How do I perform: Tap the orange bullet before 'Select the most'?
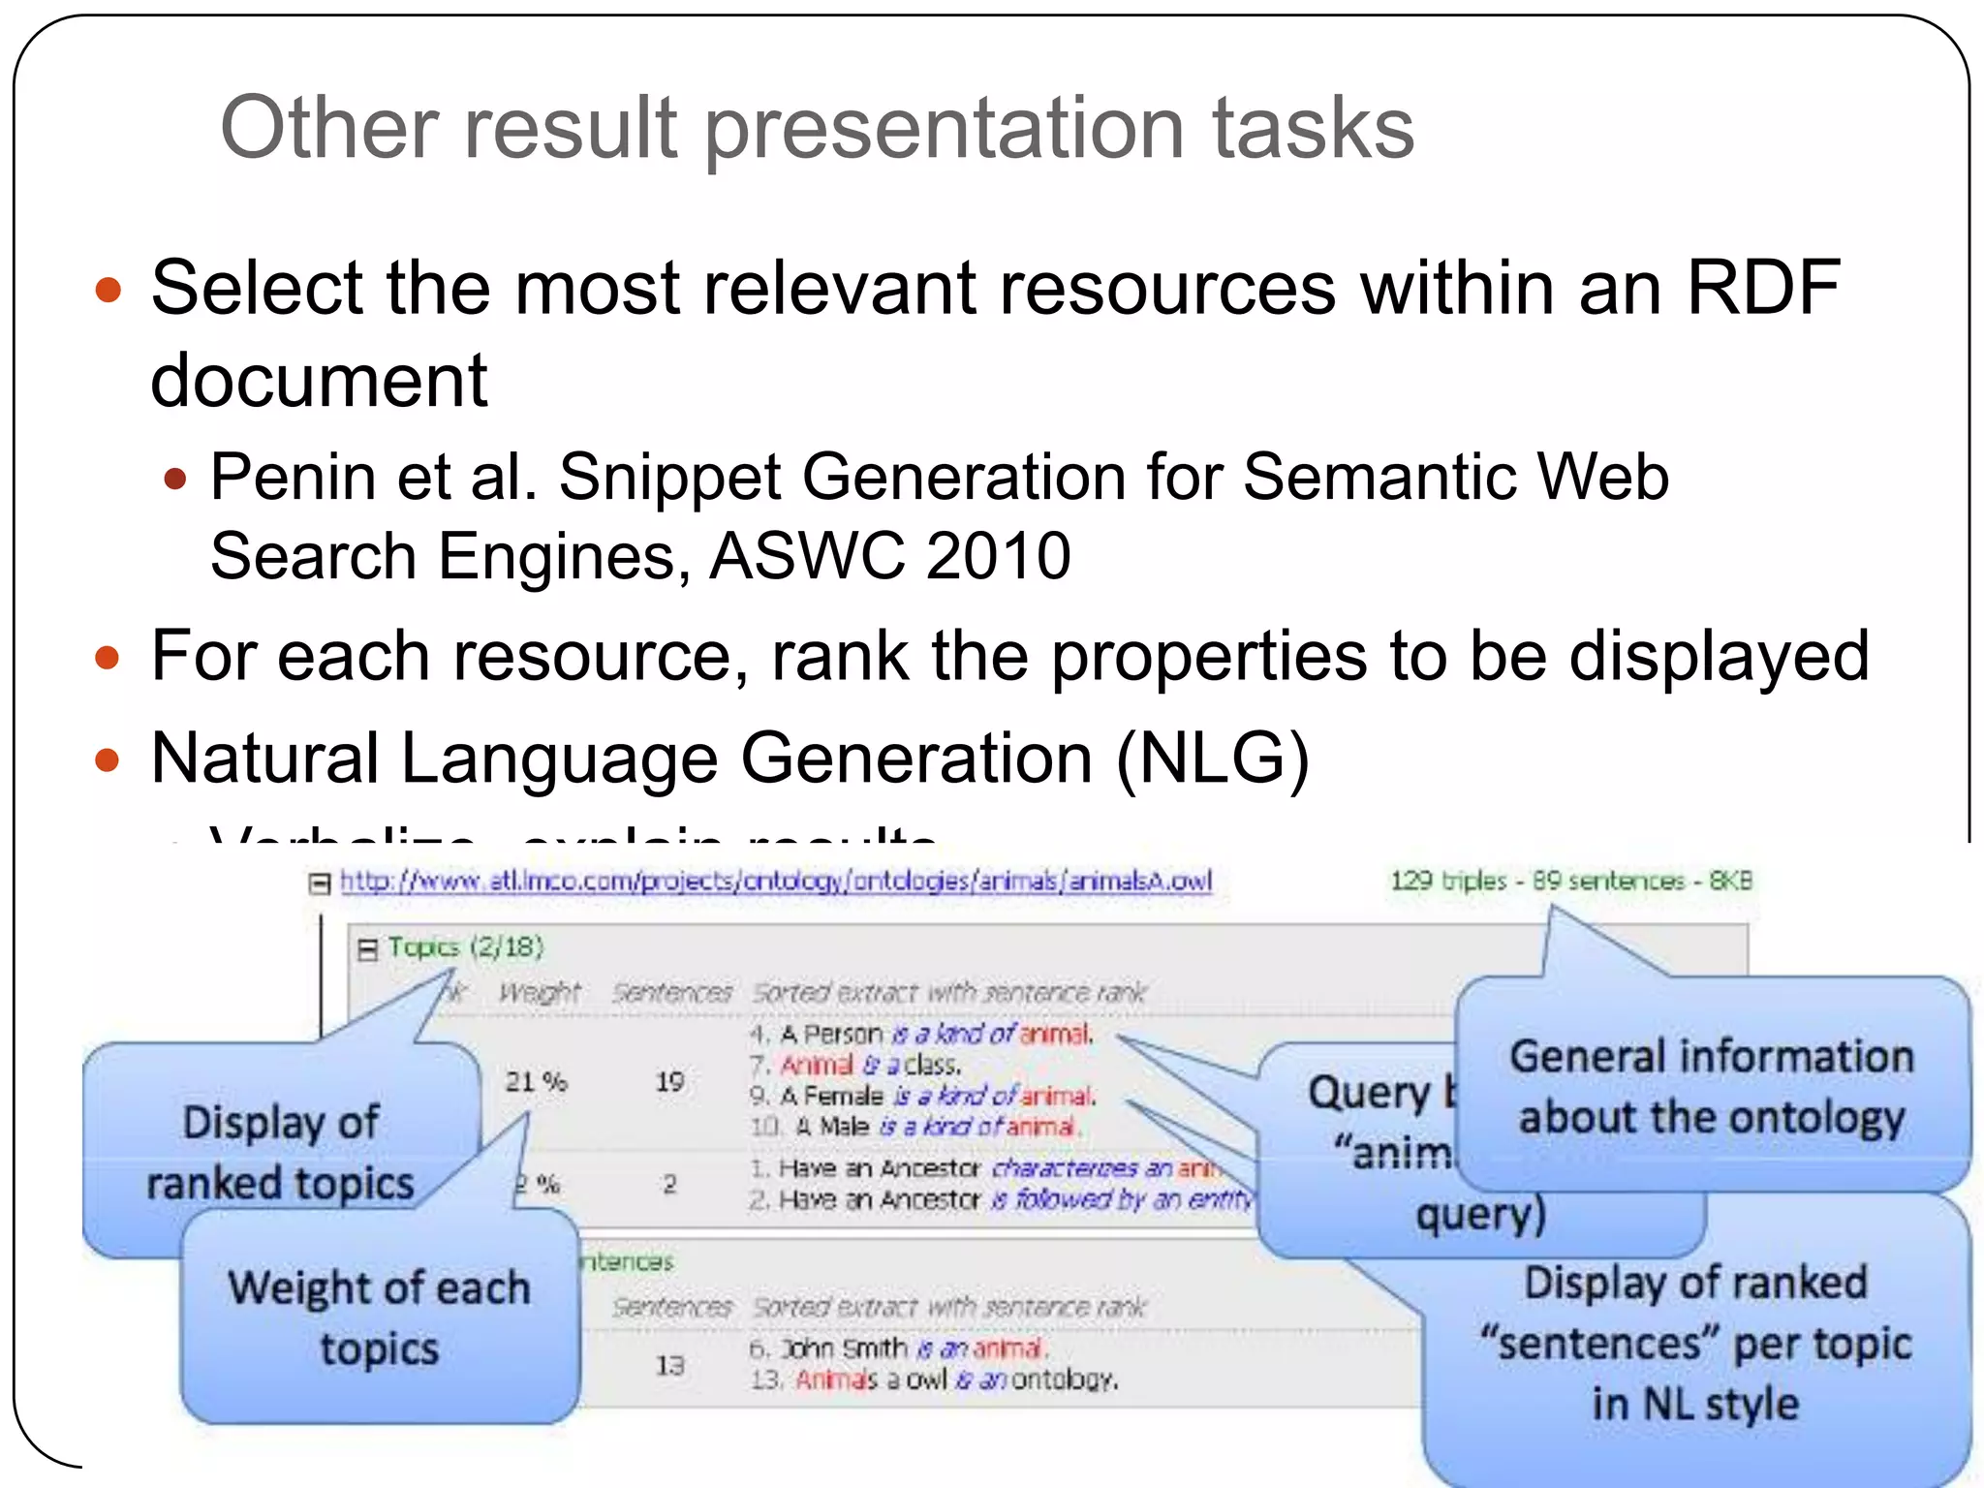108,290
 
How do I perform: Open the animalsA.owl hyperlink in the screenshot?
775,881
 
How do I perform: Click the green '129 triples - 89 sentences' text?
1570,881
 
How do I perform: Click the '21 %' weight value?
536,1081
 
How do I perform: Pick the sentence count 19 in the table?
669,1081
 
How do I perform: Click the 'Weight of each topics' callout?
380,1317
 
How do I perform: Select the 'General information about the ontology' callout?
1712,1085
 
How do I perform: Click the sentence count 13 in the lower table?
669,1365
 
